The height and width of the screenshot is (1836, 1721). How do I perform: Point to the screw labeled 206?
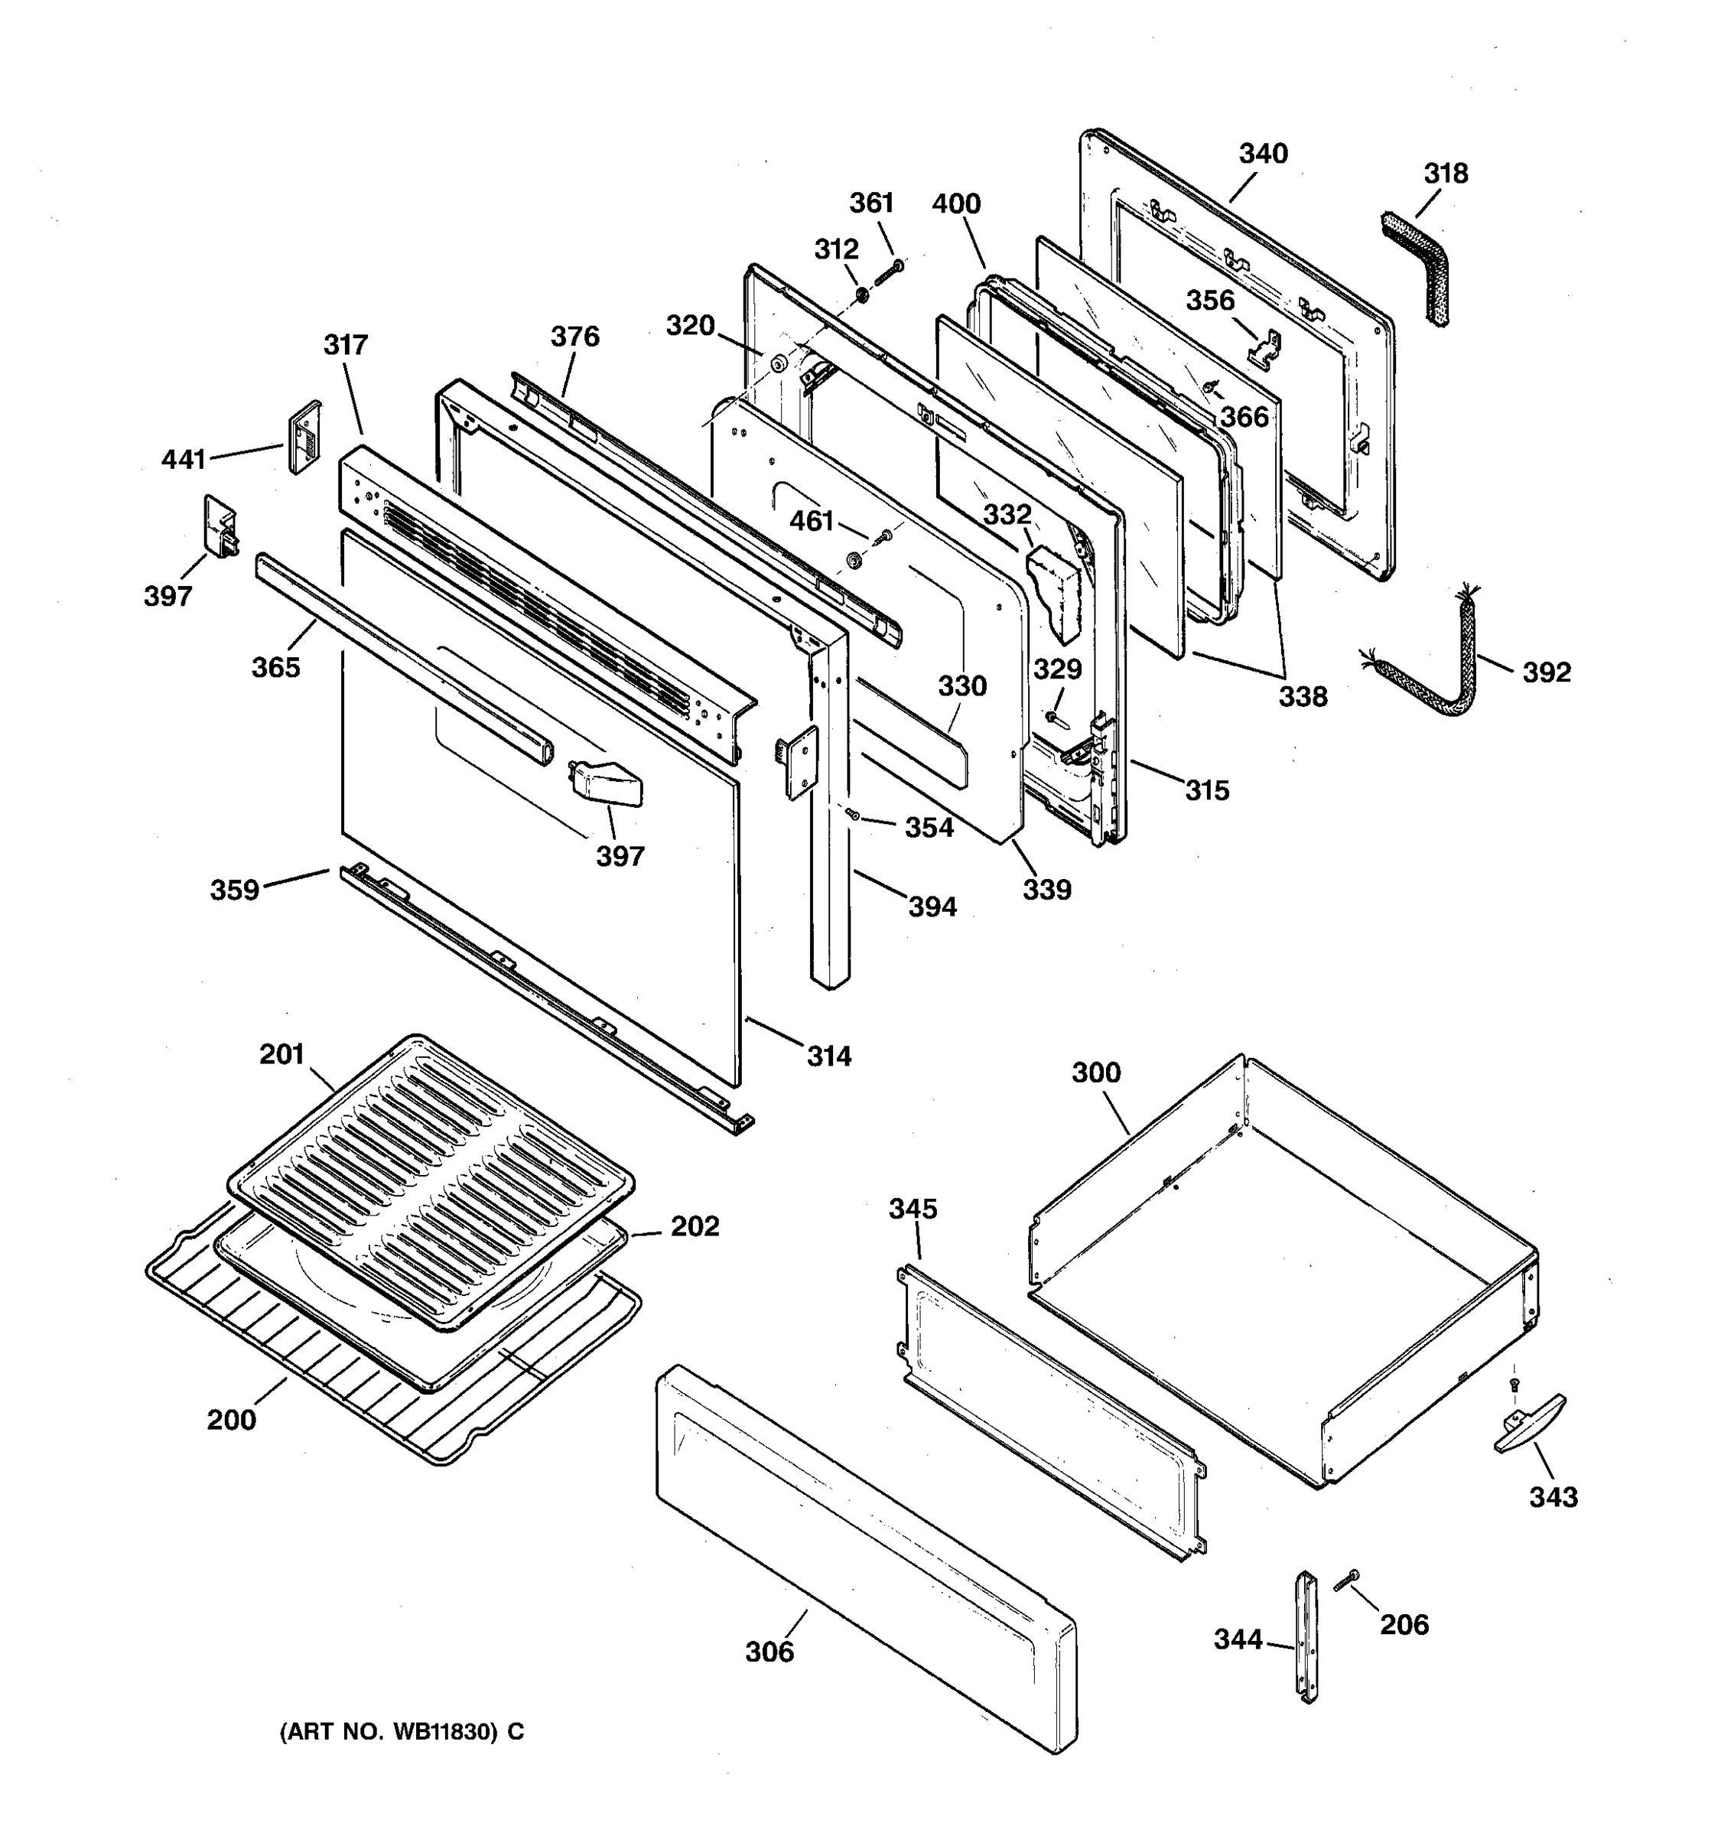point(1347,1581)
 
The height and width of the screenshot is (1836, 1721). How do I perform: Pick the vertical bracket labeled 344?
point(1306,1636)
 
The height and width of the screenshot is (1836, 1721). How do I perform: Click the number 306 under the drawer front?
point(769,1652)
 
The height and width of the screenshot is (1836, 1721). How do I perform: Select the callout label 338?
point(1302,695)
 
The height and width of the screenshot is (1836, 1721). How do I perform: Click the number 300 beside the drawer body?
point(1096,1073)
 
